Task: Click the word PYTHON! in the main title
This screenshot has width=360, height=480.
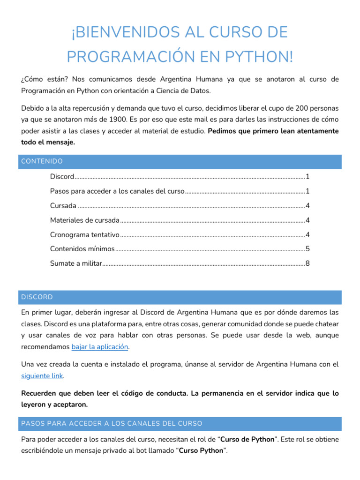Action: (x=258, y=57)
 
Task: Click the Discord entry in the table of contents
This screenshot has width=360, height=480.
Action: (x=62, y=177)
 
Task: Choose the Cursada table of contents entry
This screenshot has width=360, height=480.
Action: (x=63, y=206)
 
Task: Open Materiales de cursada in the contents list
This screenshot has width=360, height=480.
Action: (x=85, y=220)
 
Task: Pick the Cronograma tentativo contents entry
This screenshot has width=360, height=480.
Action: (x=85, y=234)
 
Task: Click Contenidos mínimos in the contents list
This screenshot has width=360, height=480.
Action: (x=82, y=249)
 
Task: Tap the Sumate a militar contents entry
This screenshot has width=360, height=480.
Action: (x=76, y=263)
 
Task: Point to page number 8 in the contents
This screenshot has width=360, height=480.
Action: (x=307, y=263)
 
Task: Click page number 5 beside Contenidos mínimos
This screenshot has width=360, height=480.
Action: (x=307, y=249)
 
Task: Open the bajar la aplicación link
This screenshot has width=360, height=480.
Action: (x=100, y=347)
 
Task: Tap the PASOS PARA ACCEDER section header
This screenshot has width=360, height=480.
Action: (x=112, y=423)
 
